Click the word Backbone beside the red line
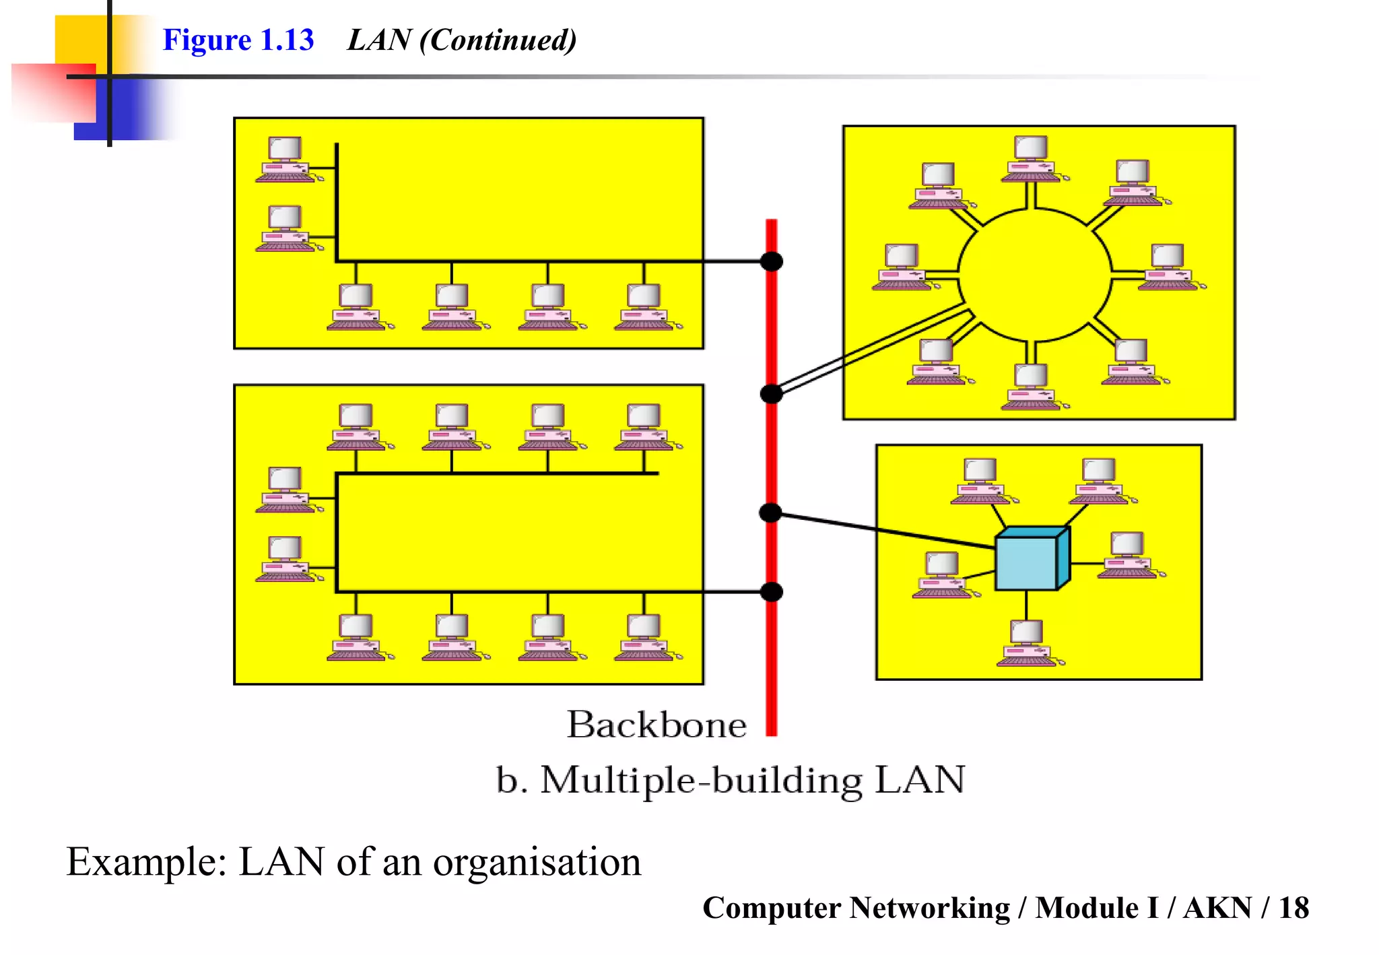(657, 725)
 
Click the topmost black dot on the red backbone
(772, 261)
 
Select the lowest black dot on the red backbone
(772, 592)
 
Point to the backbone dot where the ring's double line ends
(772, 394)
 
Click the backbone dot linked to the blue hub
(771, 513)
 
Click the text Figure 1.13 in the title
(238, 40)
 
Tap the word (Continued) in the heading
(498, 40)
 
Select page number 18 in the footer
(1293, 908)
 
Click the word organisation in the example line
(537, 862)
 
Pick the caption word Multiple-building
(701, 781)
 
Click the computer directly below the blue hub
(1027, 643)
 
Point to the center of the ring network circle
(1034, 275)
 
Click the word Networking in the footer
(929, 908)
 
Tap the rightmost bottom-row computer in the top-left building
(644, 307)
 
